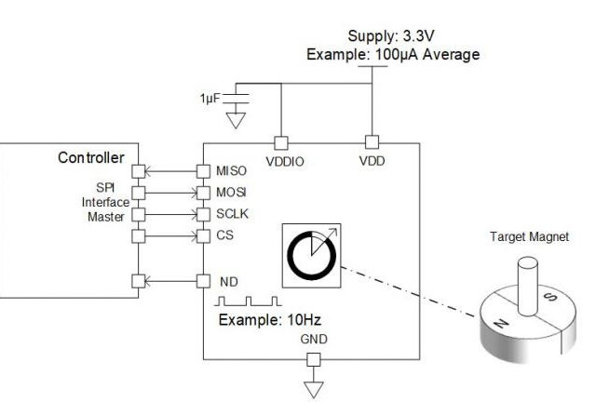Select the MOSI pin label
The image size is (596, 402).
[231, 193]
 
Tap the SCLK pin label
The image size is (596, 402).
[232, 214]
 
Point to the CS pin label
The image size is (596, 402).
[224, 235]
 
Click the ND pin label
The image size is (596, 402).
[227, 281]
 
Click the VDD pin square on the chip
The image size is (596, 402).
[371, 142]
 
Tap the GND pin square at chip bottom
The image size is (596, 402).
[314, 360]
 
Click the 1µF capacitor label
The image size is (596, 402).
[210, 98]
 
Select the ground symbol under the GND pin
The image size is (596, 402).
[314, 386]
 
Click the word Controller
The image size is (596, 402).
[91, 157]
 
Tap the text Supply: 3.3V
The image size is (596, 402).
[392, 36]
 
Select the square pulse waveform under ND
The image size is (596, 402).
[248, 301]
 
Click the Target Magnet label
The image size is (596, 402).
[528, 236]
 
